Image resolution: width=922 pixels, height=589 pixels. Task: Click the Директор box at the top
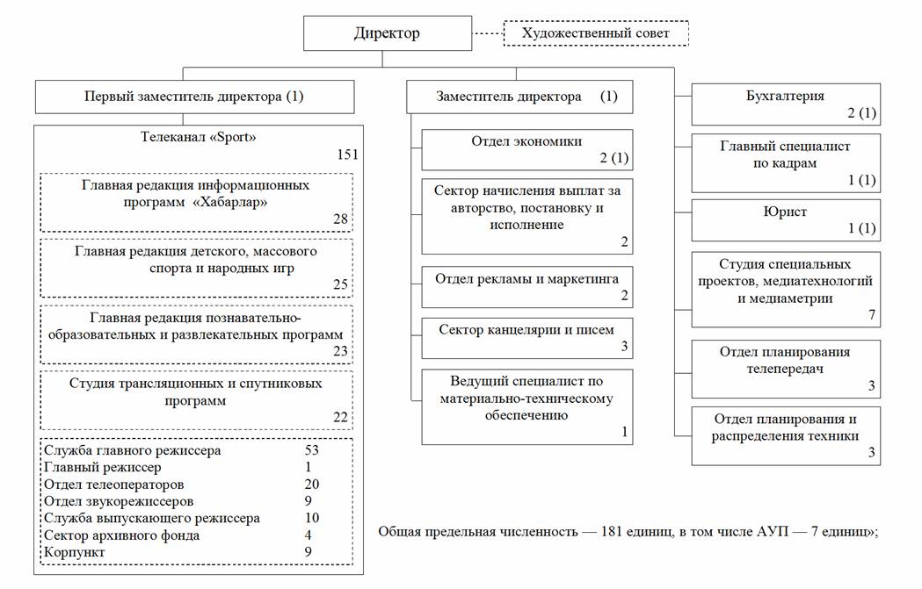coord(387,34)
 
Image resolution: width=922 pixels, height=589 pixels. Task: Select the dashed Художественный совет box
coord(595,34)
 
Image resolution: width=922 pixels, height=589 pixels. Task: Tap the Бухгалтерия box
coord(785,104)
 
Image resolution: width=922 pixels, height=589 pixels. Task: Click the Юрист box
coord(785,220)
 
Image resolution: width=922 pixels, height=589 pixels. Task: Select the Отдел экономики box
coord(526,149)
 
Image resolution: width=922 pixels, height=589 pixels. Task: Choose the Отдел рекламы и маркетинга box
coord(526,286)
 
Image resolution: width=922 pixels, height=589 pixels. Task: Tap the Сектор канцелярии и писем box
coord(526,337)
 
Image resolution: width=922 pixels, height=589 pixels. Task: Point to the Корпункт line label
coord(74,552)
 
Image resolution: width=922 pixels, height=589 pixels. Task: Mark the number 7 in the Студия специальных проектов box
coord(871,313)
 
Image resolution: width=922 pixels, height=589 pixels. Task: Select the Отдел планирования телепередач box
coord(785,366)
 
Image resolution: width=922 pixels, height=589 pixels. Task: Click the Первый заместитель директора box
coord(194,97)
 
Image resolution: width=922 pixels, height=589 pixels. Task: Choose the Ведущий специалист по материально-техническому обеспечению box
coord(526,406)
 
